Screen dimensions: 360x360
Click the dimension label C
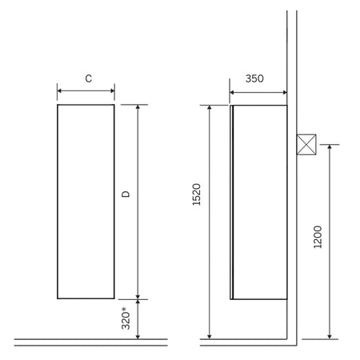pos(89,78)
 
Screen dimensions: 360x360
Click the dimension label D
pos(126,194)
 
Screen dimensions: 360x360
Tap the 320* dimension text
pos(126,318)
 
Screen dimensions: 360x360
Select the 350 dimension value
pos(254,78)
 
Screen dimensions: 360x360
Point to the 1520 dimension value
pos(197,194)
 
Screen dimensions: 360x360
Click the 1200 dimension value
pos(318,237)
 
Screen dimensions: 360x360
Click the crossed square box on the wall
pos(306,145)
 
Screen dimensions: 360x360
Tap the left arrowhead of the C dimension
pos(59,91)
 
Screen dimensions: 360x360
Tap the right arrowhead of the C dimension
pos(113,91)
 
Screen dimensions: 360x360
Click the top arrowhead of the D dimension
pos(138,106)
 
